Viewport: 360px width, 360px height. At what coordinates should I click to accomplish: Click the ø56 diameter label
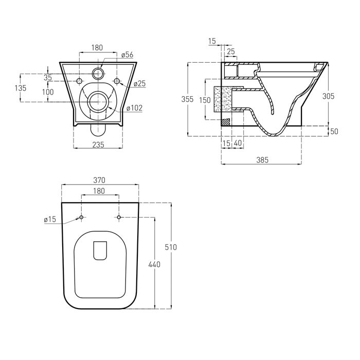coord(128,55)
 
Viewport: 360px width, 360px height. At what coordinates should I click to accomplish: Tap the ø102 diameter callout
coord(135,107)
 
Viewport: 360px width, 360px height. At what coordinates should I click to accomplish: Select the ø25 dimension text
coord(140,83)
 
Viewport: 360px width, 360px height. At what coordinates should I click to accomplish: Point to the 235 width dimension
coord(98,145)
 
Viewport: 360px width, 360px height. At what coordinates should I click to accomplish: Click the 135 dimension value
coord(21,88)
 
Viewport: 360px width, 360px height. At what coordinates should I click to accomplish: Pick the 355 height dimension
coord(188,99)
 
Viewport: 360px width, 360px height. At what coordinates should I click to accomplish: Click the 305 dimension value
coord(329,96)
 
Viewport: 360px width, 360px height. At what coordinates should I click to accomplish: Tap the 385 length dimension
coord(262,160)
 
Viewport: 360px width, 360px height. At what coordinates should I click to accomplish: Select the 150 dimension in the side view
coord(205,100)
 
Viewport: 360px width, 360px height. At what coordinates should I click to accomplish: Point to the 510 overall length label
coord(171,247)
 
